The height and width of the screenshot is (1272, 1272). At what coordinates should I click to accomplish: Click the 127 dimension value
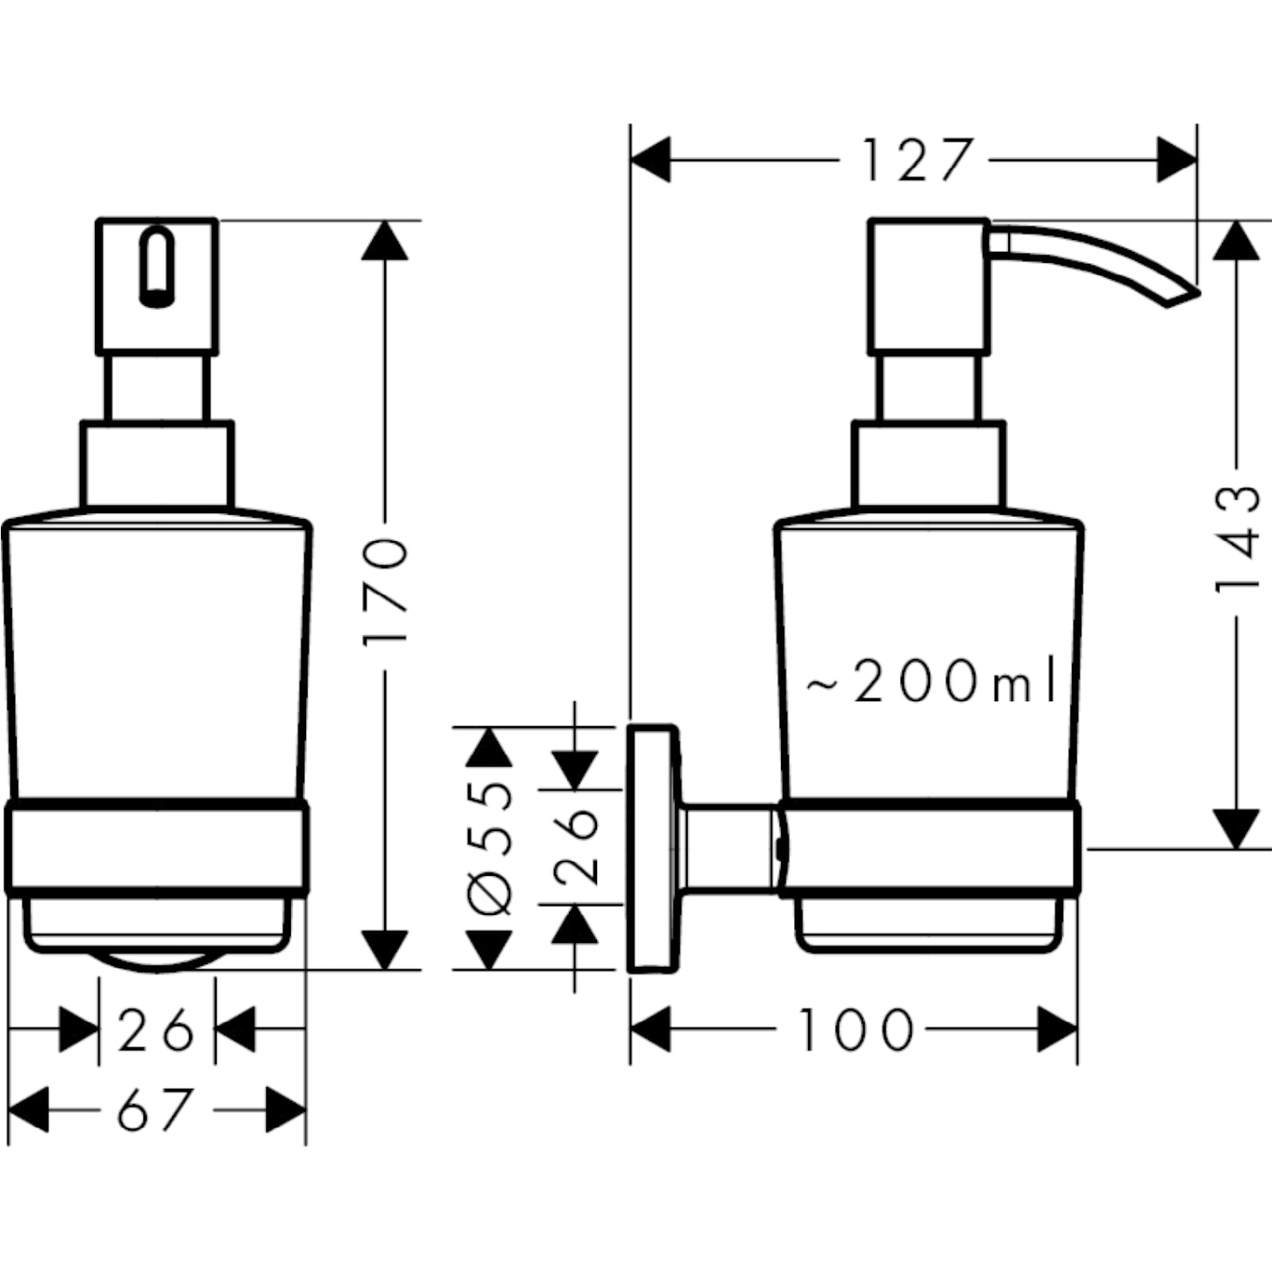click(x=916, y=160)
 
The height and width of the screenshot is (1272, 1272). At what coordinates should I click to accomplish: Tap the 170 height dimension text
click(x=386, y=591)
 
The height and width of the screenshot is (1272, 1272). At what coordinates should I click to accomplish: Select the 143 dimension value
click(x=1237, y=539)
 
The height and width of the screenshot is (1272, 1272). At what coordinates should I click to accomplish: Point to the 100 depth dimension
click(x=856, y=1030)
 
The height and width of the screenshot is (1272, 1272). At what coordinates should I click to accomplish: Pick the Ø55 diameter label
click(x=491, y=848)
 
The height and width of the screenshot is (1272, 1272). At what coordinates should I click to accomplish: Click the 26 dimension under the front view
click(x=156, y=1031)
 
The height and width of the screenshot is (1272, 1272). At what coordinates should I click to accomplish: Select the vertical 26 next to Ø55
click(x=576, y=846)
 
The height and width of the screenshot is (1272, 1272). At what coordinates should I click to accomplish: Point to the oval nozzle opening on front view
click(x=157, y=266)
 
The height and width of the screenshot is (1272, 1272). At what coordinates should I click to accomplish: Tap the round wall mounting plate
click(x=654, y=848)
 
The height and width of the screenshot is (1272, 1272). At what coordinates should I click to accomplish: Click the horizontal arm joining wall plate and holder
click(x=729, y=848)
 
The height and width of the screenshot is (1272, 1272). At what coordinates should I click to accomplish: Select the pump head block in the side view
click(x=929, y=287)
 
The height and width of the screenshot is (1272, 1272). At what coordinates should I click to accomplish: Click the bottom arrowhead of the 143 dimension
click(x=1237, y=828)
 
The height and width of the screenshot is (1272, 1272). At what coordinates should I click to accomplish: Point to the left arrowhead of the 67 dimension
click(x=27, y=1109)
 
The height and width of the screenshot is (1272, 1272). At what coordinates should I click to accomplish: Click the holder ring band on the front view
click(x=157, y=846)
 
